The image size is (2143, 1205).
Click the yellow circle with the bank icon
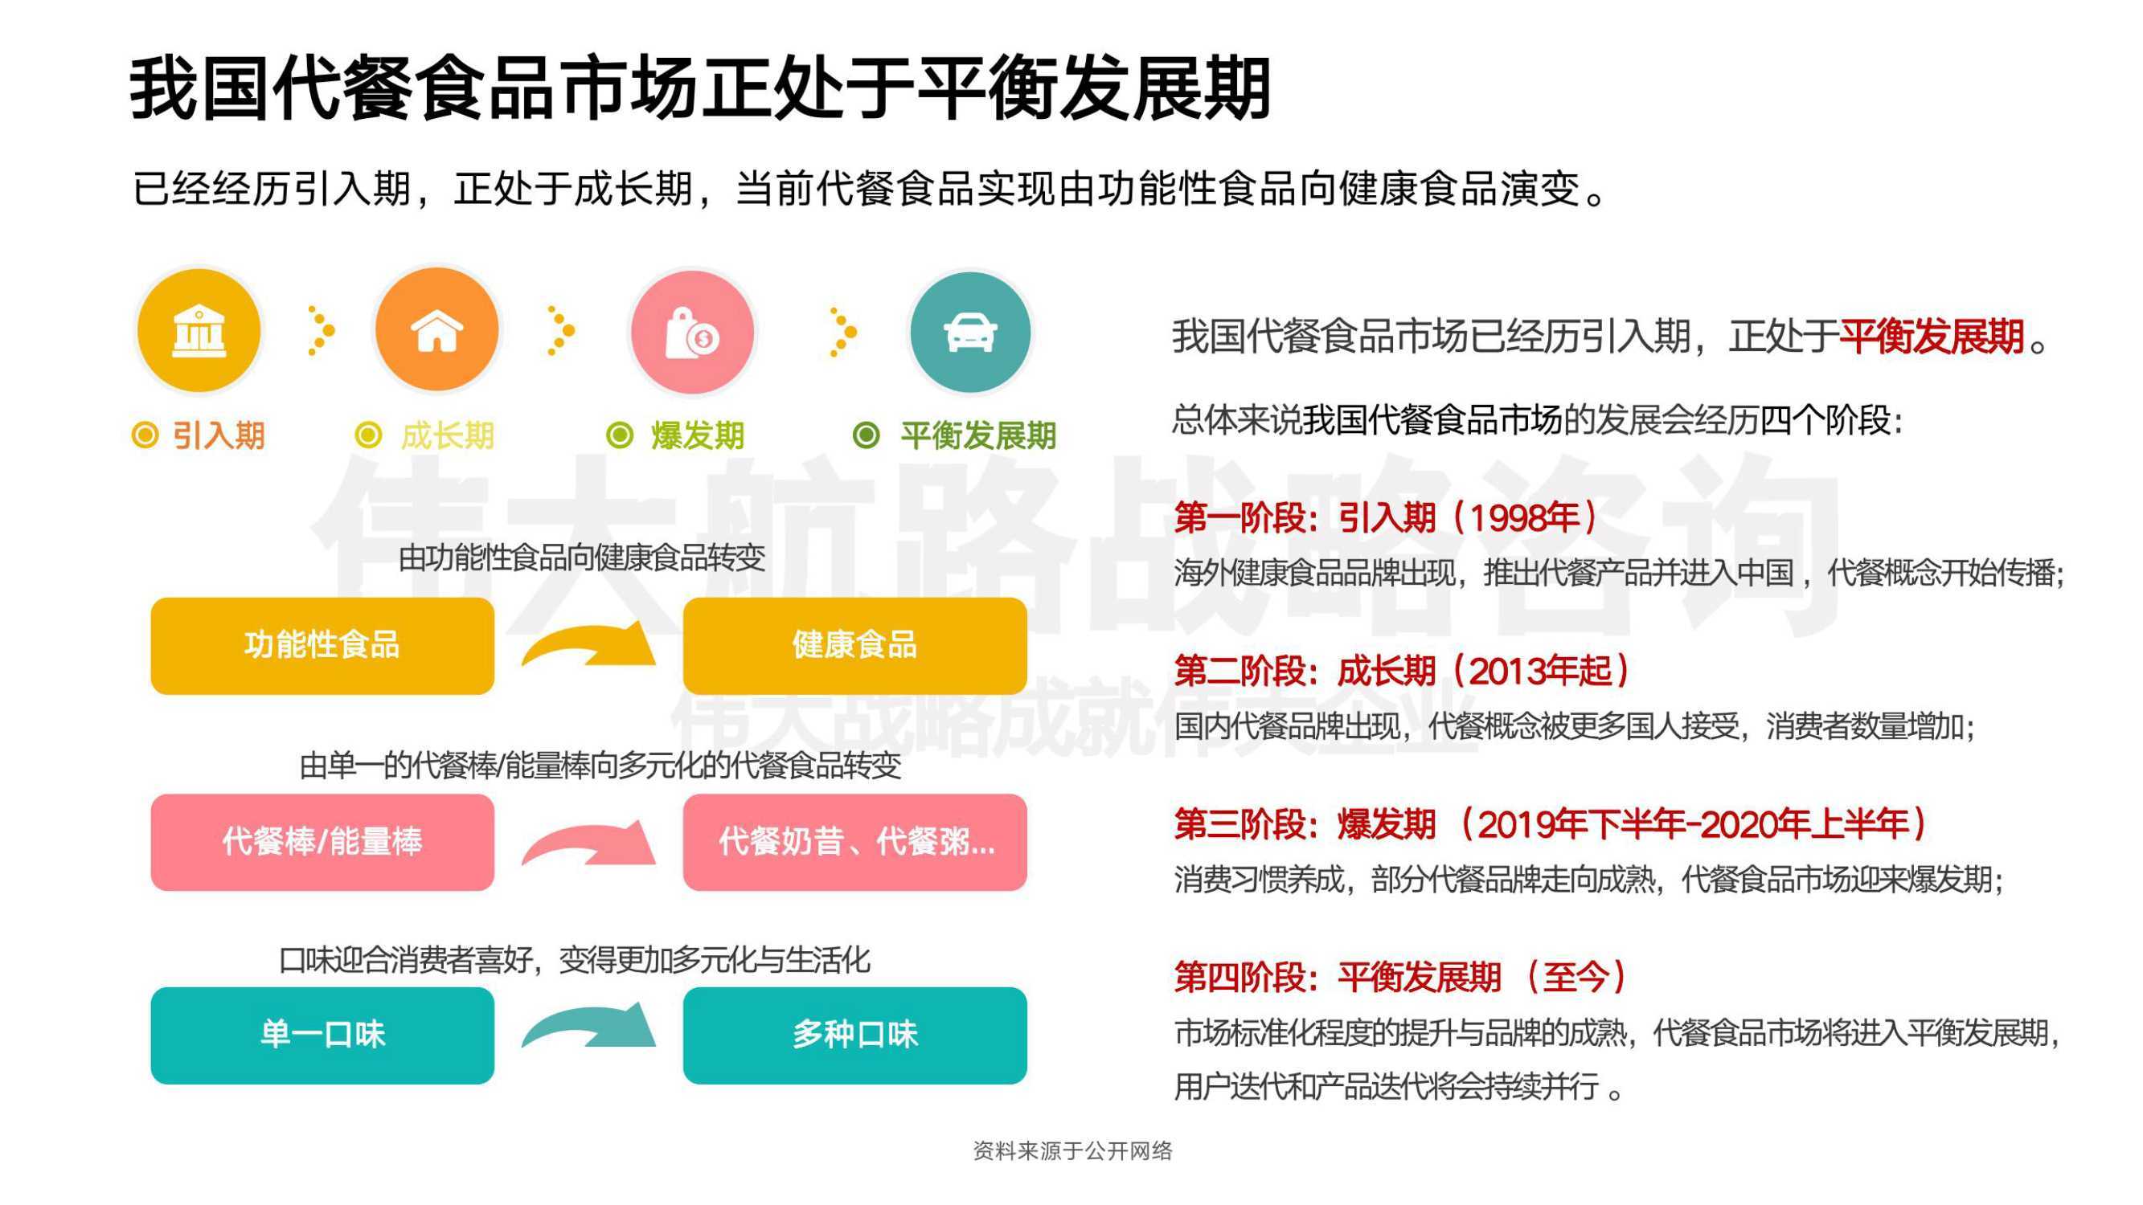[199, 330]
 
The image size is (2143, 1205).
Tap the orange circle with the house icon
[436, 330]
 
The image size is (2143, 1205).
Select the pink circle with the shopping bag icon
[691, 332]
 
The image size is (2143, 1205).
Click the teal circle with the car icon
[969, 332]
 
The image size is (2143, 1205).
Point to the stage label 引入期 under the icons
[218, 435]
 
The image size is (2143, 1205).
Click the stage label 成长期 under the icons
[448, 435]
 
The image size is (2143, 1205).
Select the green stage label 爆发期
[697, 435]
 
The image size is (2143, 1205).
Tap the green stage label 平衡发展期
[978, 435]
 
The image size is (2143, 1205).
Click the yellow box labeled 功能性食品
[323, 645]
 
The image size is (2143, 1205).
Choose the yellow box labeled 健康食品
[855, 645]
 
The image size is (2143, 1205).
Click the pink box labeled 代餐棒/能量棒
[323, 842]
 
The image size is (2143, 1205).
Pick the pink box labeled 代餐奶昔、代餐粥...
[855, 842]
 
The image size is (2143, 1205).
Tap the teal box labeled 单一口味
[323, 1035]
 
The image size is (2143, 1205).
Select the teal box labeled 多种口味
[855, 1035]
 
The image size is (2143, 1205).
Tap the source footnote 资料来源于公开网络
[1072, 1151]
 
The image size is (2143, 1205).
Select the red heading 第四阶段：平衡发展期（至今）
[1401, 977]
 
